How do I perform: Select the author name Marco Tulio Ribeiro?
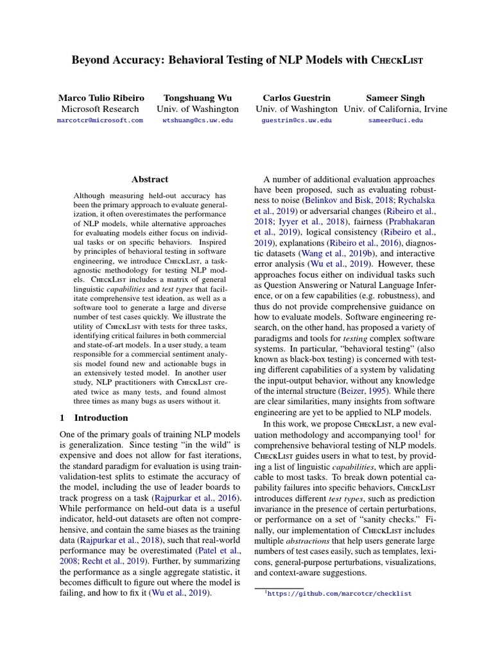101,98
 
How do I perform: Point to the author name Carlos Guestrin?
297,98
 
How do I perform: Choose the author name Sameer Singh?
395,98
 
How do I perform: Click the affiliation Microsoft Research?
101,109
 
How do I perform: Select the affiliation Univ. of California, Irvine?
395,109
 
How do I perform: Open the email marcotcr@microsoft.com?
100,120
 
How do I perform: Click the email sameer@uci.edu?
395,120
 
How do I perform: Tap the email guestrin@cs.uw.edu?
297,120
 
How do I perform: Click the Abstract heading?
150,179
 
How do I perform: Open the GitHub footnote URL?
340,594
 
